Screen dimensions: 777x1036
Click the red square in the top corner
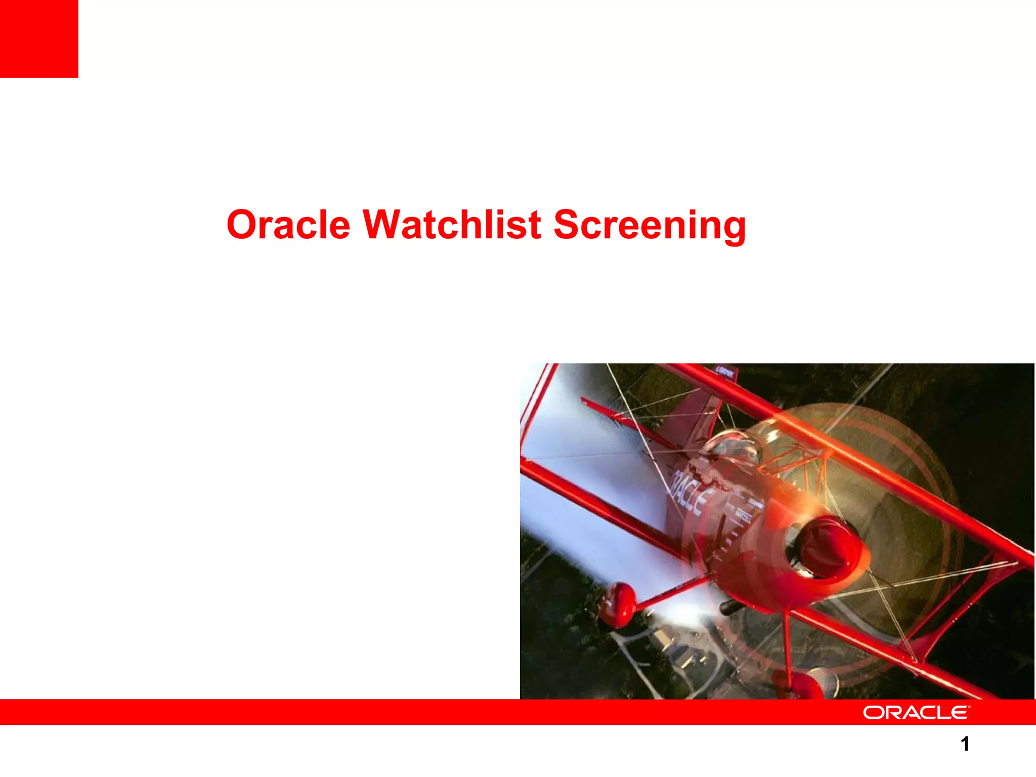(39, 38)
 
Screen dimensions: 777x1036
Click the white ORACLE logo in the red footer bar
(916, 712)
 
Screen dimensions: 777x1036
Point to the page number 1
(965, 744)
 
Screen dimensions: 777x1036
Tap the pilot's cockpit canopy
(733, 448)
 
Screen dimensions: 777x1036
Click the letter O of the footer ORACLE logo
(873, 712)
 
